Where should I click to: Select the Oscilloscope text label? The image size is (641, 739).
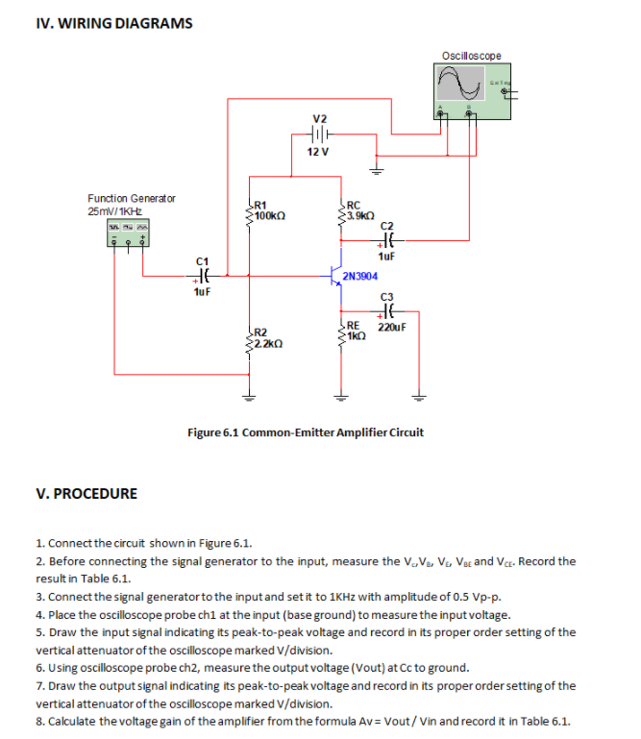pos(471,56)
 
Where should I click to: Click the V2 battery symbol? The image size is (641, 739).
pos(319,135)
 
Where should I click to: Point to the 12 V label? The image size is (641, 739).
pos(318,153)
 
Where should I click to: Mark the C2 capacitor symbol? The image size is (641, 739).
pos(388,242)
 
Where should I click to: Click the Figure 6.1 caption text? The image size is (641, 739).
pos(305,432)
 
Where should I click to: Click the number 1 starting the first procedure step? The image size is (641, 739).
pos(38,544)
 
